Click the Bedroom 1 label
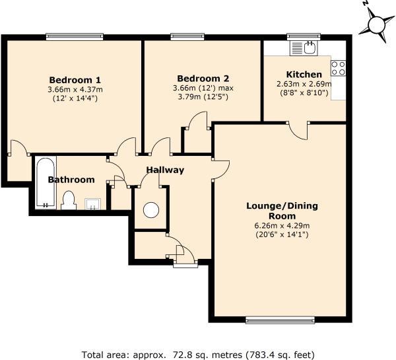[x=75, y=80]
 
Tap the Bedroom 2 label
[x=203, y=79]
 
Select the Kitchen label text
[x=304, y=75]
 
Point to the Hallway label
[x=165, y=170]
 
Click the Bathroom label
[x=71, y=180]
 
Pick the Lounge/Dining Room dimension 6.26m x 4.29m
[x=282, y=225]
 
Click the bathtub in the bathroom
[x=46, y=182]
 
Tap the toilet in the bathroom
[x=69, y=201]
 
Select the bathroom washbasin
[x=92, y=204]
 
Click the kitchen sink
[x=304, y=48]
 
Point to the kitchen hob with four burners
[x=339, y=68]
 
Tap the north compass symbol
[x=376, y=25]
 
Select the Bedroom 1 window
[x=75, y=36]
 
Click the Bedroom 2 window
[x=187, y=36]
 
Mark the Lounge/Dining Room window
[x=280, y=320]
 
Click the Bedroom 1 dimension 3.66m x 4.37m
[x=75, y=89]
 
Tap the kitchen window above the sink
[x=304, y=36]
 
